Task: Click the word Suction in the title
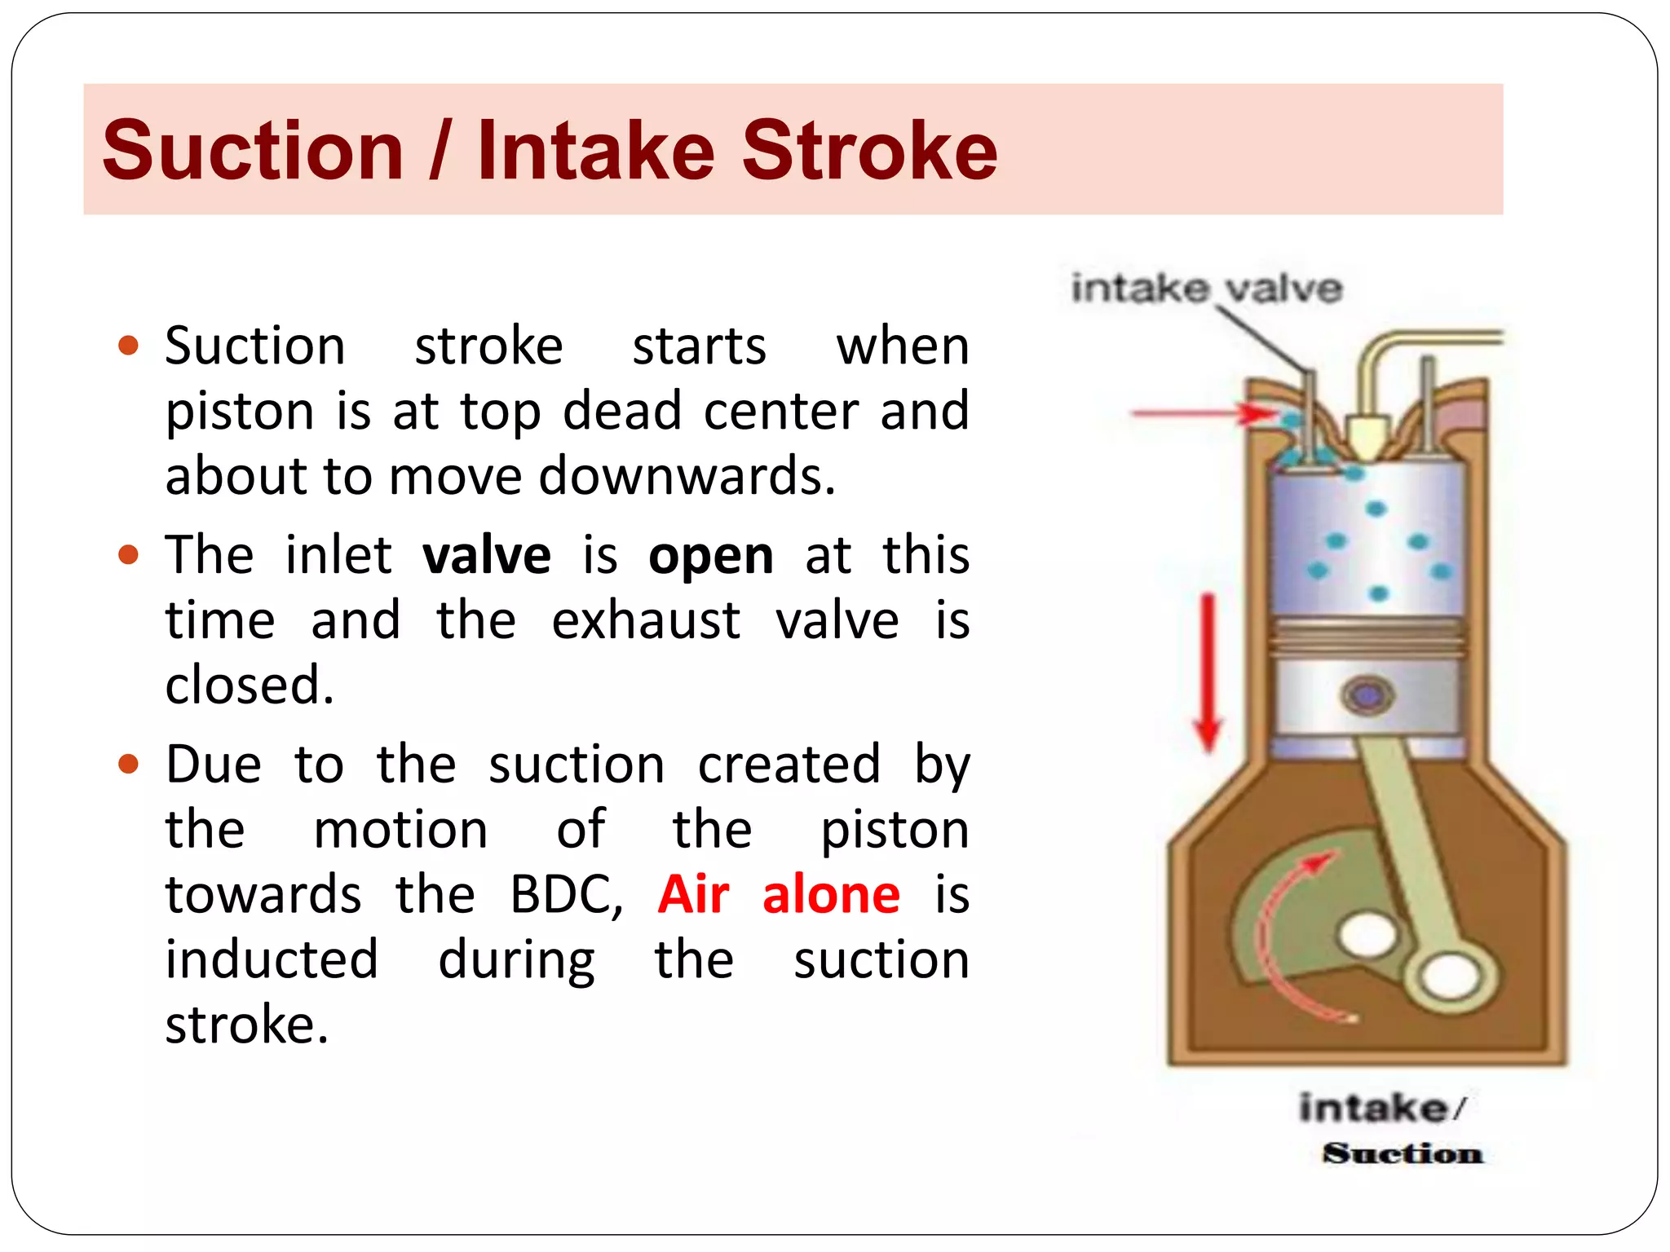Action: pos(253,151)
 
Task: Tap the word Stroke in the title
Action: pos(869,151)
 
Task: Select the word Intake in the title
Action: pos(595,151)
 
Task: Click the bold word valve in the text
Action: pos(487,556)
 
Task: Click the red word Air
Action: pos(693,894)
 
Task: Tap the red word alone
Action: pos(831,894)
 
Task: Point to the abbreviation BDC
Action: pos(565,895)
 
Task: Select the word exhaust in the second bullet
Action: pos(645,621)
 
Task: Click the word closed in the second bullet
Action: pos(249,685)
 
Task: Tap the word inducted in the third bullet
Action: pos(272,959)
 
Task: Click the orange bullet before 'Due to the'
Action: pos(129,765)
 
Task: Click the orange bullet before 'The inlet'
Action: pos(129,555)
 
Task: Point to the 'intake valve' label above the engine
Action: pos(1206,289)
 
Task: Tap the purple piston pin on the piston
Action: pos(1367,695)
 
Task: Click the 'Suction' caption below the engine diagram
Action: pos(1403,1153)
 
